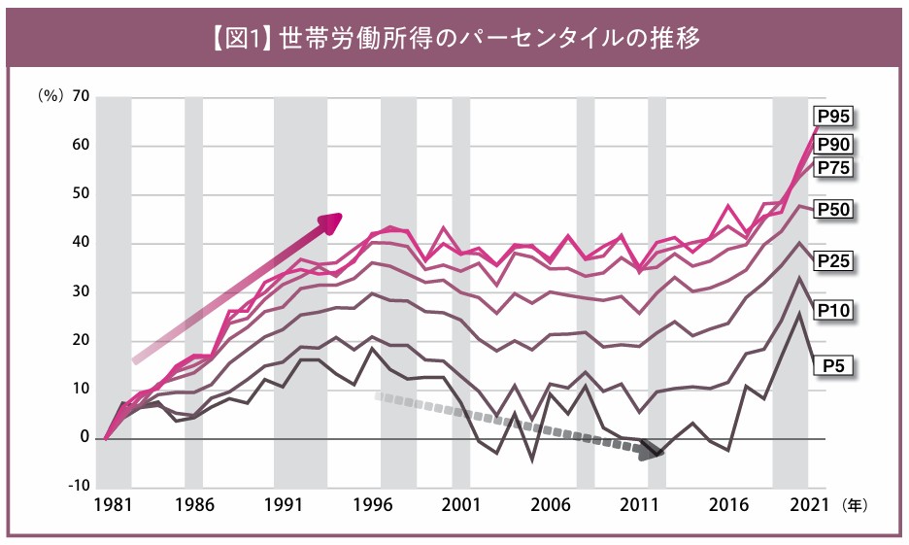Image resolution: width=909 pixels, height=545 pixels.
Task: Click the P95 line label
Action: tap(833, 118)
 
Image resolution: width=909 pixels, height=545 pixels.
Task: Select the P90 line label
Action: tap(833, 144)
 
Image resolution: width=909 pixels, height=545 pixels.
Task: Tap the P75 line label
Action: tap(833, 167)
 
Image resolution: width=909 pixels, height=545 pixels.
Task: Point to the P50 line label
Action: tap(833, 210)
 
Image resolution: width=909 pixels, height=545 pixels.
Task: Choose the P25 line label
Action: tap(833, 260)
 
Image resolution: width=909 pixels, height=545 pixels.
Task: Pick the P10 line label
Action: tap(833, 310)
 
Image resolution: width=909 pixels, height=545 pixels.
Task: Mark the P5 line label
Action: tap(833, 365)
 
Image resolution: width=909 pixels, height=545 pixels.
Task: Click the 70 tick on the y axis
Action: tap(81, 97)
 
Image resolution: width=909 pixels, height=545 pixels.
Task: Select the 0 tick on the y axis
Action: tap(85, 437)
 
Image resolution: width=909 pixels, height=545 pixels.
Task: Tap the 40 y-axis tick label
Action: tap(81, 243)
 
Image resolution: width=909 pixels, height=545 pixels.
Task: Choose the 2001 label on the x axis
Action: tap(460, 506)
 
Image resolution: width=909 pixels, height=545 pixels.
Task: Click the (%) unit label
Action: tap(50, 97)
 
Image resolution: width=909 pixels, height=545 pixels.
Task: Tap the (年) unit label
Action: tap(855, 506)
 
